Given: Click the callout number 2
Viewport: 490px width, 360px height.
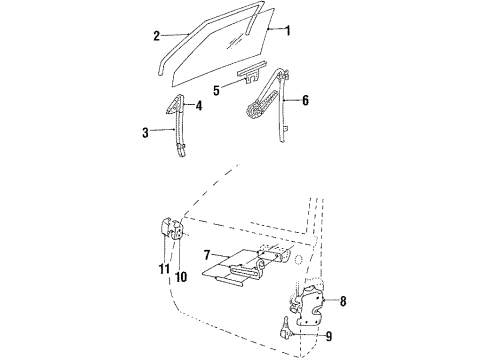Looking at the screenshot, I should point(156,36).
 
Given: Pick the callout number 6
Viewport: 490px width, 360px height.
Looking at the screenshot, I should point(305,100).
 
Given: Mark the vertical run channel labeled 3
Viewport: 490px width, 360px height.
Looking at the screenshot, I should point(180,130).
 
